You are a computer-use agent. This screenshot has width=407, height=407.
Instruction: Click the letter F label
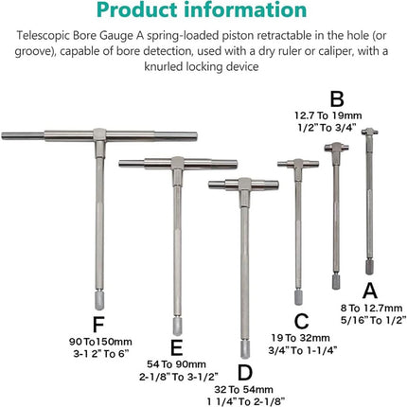coord(98,325)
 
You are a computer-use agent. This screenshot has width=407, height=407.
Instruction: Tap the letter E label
coord(176,348)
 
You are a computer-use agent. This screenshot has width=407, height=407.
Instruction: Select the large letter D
coord(245,373)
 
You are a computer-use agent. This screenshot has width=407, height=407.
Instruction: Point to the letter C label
coord(301,321)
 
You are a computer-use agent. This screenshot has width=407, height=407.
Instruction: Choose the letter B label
coord(337,99)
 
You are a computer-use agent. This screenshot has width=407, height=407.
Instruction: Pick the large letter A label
coord(370,291)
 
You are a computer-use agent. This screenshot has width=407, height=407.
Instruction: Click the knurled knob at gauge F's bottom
coord(99,300)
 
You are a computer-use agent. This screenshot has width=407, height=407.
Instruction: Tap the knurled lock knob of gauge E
coord(177,327)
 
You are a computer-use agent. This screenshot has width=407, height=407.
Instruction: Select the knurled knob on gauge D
coord(245,349)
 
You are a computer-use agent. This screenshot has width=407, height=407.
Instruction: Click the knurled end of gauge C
coord(298,297)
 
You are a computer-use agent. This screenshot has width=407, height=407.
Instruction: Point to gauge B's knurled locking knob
coord(336,282)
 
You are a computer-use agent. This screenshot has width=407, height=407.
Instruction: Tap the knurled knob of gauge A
coord(369,267)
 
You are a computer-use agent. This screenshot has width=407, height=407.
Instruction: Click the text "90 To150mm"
coord(100,342)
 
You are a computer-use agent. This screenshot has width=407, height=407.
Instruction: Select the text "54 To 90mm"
coord(176,364)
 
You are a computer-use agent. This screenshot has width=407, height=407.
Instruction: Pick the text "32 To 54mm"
coord(244,390)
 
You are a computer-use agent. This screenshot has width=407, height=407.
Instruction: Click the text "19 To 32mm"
coord(301,338)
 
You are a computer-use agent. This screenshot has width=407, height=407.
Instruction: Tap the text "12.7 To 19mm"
coord(328,115)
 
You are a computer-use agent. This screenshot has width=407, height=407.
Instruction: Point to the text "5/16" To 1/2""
coord(373,321)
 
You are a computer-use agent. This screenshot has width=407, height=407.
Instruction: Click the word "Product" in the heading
coord(137,9)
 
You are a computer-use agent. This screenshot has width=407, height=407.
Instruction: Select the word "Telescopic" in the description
coord(43,36)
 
